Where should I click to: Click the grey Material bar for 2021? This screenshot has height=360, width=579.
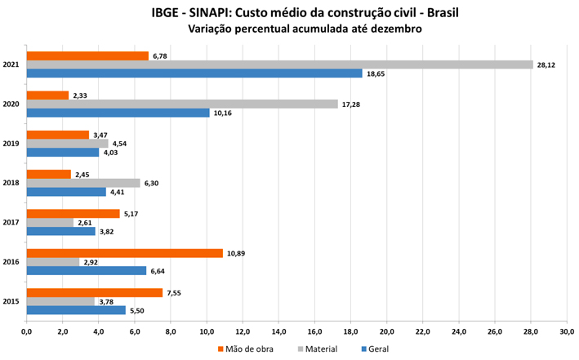point(279,64)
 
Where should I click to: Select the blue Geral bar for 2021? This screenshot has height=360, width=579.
point(194,73)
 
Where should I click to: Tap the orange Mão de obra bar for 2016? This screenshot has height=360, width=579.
point(124,253)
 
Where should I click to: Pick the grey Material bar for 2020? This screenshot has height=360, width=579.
point(181,104)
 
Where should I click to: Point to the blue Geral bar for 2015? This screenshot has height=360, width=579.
point(76,310)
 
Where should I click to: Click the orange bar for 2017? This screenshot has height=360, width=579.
point(73,214)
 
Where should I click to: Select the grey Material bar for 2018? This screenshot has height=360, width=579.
point(82,183)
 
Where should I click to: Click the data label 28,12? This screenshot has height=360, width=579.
point(546,64)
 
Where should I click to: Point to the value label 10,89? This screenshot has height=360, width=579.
point(236,253)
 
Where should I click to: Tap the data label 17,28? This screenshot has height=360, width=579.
point(350,104)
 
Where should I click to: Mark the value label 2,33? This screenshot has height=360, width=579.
point(81,96)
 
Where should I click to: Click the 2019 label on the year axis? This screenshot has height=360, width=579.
point(11,144)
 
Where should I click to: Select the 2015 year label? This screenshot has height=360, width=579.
point(11,301)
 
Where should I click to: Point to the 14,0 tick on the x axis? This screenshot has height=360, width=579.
point(278,331)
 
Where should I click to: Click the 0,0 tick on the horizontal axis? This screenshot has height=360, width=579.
point(26,331)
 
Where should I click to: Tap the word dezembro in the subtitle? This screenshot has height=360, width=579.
point(392,29)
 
